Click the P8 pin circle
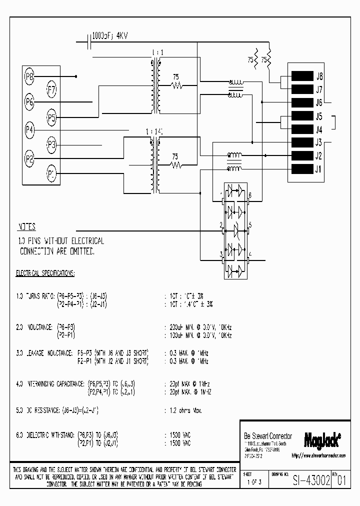(29, 76)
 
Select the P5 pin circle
(51, 117)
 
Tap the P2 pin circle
(29, 159)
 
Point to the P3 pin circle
(51, 145)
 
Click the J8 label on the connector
(318, 77)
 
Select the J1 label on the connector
(318, 168)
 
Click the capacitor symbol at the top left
(88, 42)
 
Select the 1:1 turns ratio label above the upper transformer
(156, 52)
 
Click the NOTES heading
(27, 226)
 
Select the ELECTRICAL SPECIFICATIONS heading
(45, 273)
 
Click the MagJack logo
(322, 439)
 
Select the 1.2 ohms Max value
(183, 410)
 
